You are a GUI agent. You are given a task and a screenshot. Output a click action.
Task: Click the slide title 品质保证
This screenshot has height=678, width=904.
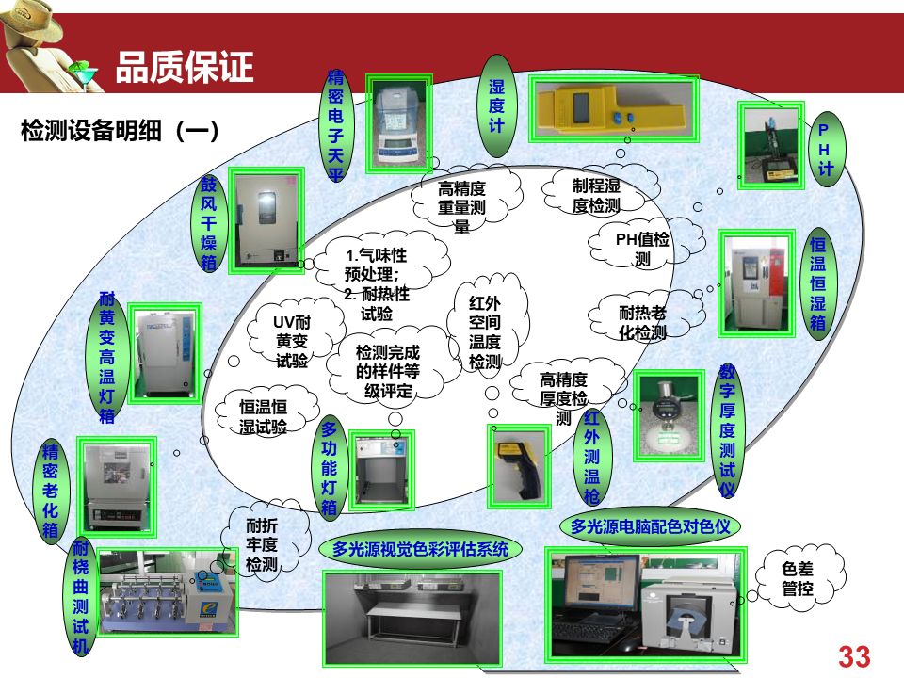[184, 68]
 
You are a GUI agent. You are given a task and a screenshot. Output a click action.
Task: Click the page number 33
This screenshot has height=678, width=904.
[853, 656]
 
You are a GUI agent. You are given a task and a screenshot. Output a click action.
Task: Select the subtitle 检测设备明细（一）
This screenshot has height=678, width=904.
[120, 131]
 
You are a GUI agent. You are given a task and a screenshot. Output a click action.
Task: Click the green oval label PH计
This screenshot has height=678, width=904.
[825, 148]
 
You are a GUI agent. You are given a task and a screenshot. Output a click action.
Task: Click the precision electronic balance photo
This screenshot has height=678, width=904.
[400, 123]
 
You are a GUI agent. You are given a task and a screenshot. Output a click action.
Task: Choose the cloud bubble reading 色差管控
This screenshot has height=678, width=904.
[798, 578]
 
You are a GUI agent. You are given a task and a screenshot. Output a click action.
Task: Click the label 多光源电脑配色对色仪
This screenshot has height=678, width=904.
[651, 525]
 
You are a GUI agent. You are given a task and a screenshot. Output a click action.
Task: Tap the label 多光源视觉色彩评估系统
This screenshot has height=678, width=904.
[420, 549]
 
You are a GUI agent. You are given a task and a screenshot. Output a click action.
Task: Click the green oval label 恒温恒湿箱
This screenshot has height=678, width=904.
[817, 282]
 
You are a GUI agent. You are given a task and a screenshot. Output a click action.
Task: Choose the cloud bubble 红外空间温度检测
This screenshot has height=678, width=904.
[485, 331]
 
